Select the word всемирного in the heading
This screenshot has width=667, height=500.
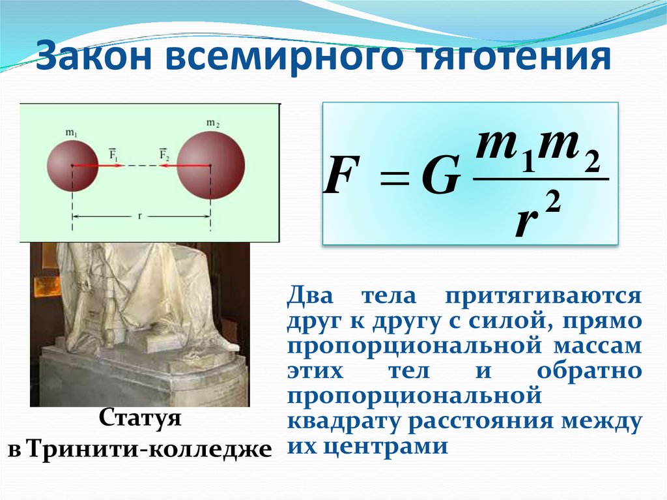pyautogui.click(x=285, y=57)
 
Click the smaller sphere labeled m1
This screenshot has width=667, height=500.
pyautogui.click(x=72, y=166)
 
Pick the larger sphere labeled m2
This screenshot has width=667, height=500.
pyautogui.click(x=211, y=166)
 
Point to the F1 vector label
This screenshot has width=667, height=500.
pyautogui.click(x=112, y=155)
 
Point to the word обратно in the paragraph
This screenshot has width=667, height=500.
pyautogui.click(x=590, y=370)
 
